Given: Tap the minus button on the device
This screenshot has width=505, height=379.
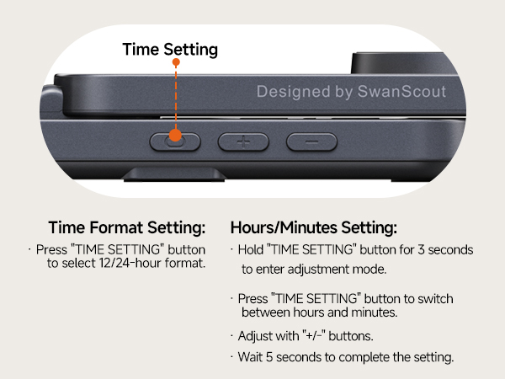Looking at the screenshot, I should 311,141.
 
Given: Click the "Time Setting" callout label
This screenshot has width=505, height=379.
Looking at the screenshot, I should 170,49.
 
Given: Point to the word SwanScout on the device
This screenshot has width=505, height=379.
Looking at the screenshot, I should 401,91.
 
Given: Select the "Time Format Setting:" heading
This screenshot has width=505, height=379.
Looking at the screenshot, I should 126,228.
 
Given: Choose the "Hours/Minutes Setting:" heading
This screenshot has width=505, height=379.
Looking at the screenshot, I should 313,228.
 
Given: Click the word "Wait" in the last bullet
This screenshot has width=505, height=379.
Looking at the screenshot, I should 252,357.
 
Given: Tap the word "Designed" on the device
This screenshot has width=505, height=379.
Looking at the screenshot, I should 291,91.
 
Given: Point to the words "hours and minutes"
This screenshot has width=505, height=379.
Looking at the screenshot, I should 352,312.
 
